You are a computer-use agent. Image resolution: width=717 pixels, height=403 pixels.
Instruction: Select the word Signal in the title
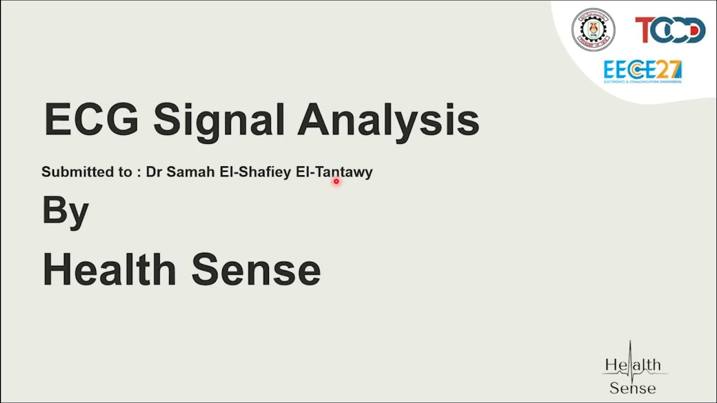(x=220, y=119)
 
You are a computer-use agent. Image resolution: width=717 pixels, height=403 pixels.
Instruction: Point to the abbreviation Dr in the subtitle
(x=153, y=172)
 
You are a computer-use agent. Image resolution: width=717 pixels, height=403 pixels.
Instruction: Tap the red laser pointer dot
(x=336, y=181)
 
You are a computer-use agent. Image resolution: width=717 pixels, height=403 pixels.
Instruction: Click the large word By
(x=66, y=211)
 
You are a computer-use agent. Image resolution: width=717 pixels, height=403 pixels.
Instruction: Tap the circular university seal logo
(x=593, y=30)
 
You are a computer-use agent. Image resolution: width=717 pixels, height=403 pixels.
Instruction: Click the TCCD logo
(x=669, y=30)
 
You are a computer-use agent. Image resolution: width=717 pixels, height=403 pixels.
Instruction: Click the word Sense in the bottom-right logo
(x=632, y=387)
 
